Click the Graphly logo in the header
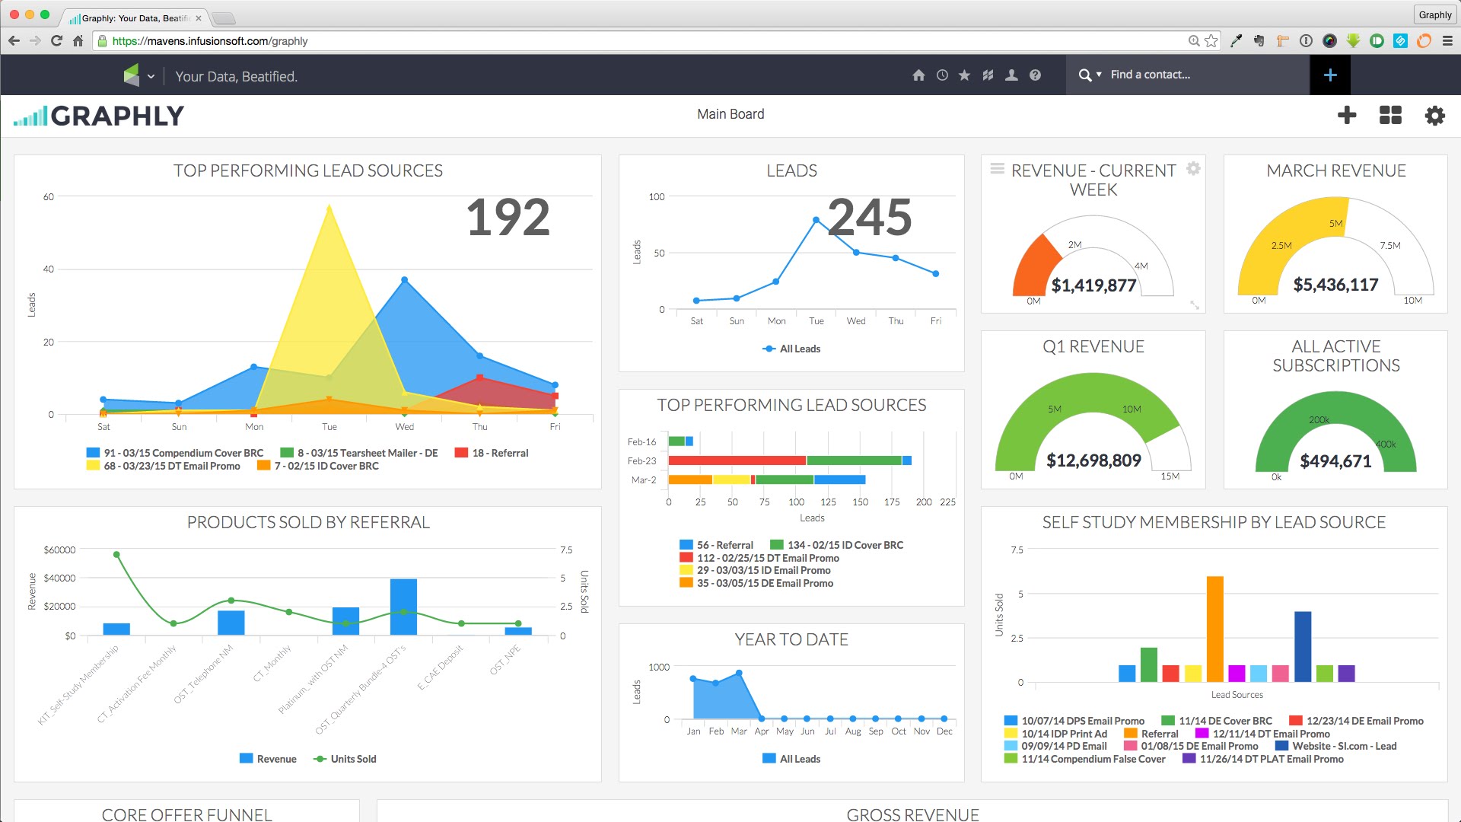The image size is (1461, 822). point(99,116)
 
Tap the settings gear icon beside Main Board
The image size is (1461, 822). point(1434,116)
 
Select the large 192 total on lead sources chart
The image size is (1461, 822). point(508,218)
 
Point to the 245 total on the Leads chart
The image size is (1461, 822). point(870,218)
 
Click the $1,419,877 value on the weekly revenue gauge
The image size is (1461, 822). point(1093,285)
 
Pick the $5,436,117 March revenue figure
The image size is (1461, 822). point(1335,285)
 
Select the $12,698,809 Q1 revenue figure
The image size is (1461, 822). point(1093,460)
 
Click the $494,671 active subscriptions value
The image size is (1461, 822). point(1335,461)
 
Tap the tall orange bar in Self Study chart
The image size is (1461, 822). point(1215,628)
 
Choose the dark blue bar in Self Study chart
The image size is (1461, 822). point(1303,646)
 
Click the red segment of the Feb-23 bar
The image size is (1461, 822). point(737,460)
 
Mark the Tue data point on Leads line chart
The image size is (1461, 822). point(816,220)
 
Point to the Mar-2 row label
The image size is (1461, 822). point(643,480)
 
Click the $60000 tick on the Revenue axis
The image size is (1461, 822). point(59,550)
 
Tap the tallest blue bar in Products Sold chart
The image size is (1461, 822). point(403,607)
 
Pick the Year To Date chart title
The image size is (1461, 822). point(791,639)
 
